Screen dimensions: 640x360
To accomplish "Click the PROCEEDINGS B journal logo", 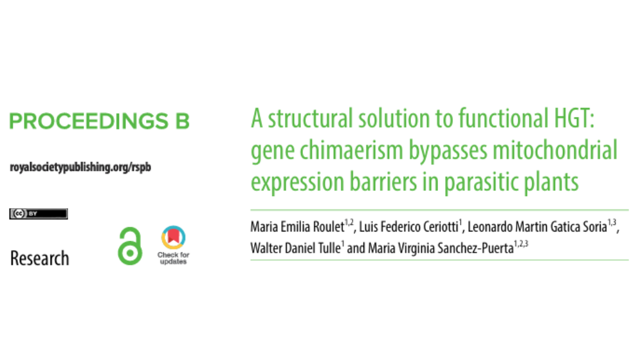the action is click(100, 122).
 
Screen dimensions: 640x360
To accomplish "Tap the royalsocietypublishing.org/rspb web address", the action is click(80, 167).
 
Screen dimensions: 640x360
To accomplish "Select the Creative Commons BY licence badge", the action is click(39, 213).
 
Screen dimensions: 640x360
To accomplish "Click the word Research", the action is click(40, 258).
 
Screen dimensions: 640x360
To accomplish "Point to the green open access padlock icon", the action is click(130, 246).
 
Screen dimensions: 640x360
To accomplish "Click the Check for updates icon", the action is click(174, 245).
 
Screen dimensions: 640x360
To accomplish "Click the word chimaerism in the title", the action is click(351, 150).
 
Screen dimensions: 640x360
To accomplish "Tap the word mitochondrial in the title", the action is click(555, 150).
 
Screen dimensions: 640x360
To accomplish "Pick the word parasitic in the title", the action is click(481, 183).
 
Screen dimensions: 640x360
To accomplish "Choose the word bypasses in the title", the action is click(448, 151).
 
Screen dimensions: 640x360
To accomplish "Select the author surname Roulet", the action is click(329, 227).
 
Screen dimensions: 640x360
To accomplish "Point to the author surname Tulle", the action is click(330, 248).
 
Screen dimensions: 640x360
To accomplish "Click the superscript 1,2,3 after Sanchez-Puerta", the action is click(521, 244).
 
